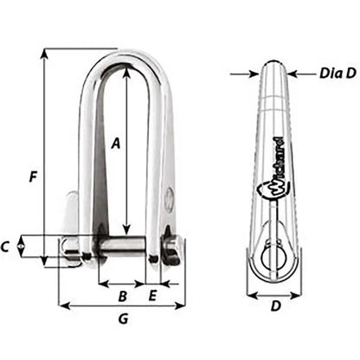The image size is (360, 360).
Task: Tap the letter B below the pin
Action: click(x=123, y=297)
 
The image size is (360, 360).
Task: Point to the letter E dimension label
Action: click(x=152, y=297)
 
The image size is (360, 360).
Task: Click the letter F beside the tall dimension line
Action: click(x=31, y=178)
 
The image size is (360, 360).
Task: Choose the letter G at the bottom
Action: click(x=123, y=319)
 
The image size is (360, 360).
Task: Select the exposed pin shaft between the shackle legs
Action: click(x=121, y=245)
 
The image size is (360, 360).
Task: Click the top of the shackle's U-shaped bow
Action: click(x=126, y=54)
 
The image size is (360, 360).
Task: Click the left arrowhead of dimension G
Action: click(x=61, y=305)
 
